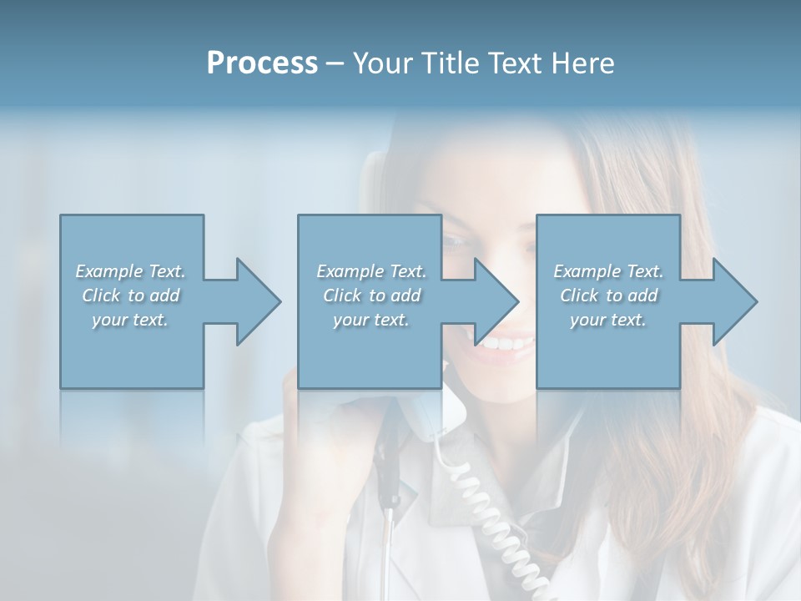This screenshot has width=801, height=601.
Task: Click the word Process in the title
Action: click(x=262, y=63)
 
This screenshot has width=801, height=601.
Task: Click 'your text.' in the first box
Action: click(x=130, y=319)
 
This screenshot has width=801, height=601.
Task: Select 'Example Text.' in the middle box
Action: click(x=371, y=271)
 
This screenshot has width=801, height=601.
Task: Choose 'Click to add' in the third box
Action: click(x=608, y=295)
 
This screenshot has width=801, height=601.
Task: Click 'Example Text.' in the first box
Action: click(x=130, y=271)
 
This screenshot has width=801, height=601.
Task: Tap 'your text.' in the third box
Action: click(x=608, y=319)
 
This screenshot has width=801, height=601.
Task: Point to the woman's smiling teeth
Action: click(x=507, y=343)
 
